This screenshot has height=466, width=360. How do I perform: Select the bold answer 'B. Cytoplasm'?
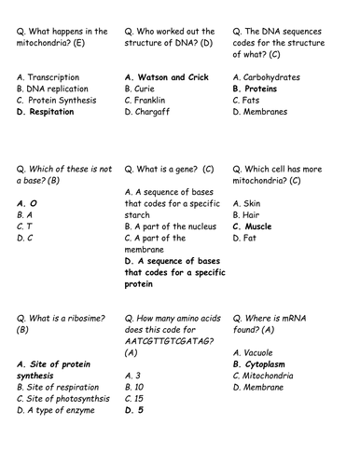click(x=268, y=364)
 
